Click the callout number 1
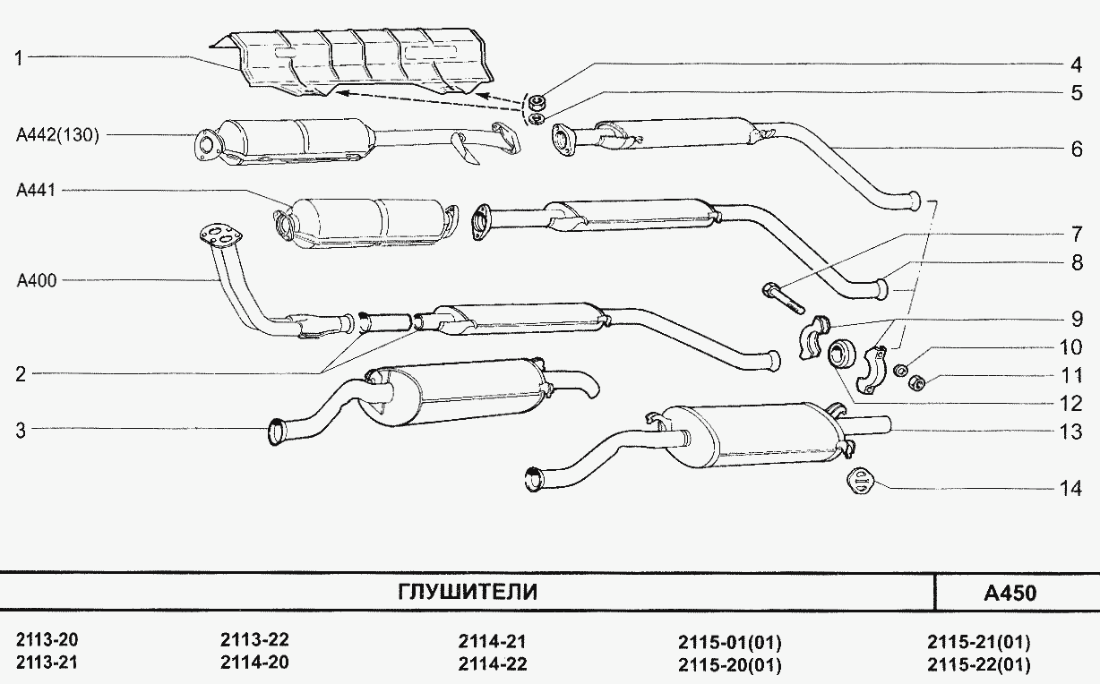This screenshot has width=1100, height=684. (19, 58)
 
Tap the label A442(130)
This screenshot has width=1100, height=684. (57, 135)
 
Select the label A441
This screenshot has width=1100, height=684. (36, 190)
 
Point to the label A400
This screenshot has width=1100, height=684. (37, 280)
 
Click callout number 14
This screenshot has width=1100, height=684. (1070, 488)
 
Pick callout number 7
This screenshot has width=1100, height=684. (1077, 234)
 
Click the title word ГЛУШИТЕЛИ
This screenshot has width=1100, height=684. (468, 592)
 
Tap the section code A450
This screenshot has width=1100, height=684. (1010, 593)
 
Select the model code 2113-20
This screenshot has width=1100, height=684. (47, 640)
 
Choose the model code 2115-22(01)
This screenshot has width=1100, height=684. (979, 664)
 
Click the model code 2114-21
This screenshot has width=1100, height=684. (492, 641)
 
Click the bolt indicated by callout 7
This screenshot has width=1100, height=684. (784, 297)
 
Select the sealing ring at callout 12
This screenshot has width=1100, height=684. (842, 355)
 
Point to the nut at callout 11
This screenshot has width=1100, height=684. (915, 381)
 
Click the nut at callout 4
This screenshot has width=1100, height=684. (538, 101)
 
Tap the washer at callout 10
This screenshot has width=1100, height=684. (900, 371)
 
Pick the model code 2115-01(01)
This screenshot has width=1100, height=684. (730, 642)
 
